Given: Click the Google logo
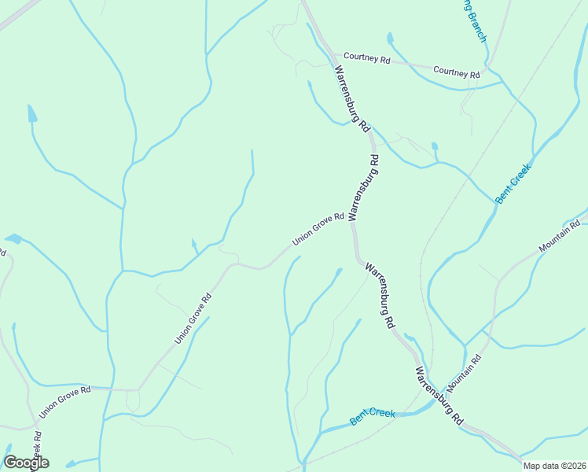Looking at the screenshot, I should coord(26,462).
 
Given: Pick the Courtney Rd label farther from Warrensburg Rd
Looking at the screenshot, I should coord(456,72).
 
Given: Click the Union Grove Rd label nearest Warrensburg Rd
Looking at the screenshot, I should coord(318,229).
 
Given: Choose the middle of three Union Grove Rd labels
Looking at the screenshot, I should coord(193,319).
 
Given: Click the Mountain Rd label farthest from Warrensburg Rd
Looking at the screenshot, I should coord(559,237).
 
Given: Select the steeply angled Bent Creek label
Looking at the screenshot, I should coord(513,183).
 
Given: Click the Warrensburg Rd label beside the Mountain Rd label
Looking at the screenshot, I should coord(439,397).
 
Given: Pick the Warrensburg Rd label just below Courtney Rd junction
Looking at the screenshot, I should coord(352,98).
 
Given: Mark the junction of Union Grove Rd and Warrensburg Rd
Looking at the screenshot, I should coord(353,223).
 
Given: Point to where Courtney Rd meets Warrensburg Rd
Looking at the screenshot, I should coord(329,56).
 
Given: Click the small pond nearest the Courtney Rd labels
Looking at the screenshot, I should coord(389,37).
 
